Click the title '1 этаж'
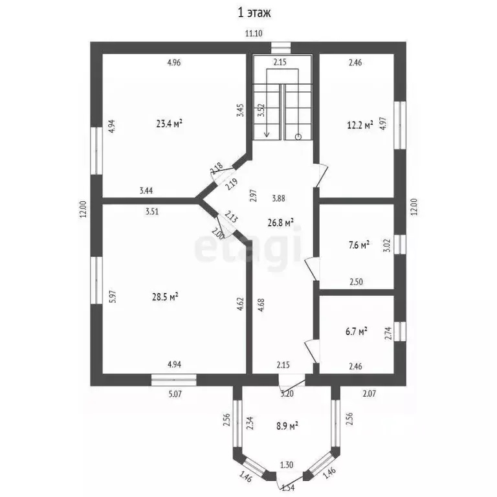pyautogui.click(x=254, y=13)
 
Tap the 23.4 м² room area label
pyautogui.click(x=170, y=123)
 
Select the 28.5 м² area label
pyautogui.click(x=165, y=297)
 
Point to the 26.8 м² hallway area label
pyautogui.click(x=280, y=223)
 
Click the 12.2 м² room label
pyautogui.click(x=360, y=125)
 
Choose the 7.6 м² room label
pyautogui.click(x=359, y=245)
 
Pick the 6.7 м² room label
pyautogui.click(x=357, y=331)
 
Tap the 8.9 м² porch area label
pyautogui.click(x=287, y=426)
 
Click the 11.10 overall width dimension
pyautogui.click(x=254, y=33)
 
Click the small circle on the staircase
pyautogui.click(x=298, y=137)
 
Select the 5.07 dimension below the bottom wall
pyautogui.click(x=175, y=394)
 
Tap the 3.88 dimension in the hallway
pyautogui.click(x=279, y=199)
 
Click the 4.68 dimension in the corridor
pyautogui.click(x=261, y=305)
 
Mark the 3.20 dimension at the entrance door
pyautogui.click(x=287, y=394)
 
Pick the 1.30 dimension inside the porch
pyautogui.click(x=287, y=465)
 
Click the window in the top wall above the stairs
pyautogui.click(x=281, y=47)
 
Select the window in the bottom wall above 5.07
pyautogui.click(x=173, y=380)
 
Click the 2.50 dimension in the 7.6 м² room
pyautogui.click(x=356, y=282)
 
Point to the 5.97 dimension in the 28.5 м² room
pyautogui.click(x=113, y=297)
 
